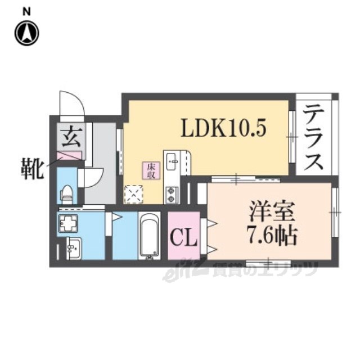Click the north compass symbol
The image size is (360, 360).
[x=26, y=33]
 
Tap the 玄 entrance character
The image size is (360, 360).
[x=70, y=137]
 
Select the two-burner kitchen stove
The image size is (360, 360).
[x=171, y=195]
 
